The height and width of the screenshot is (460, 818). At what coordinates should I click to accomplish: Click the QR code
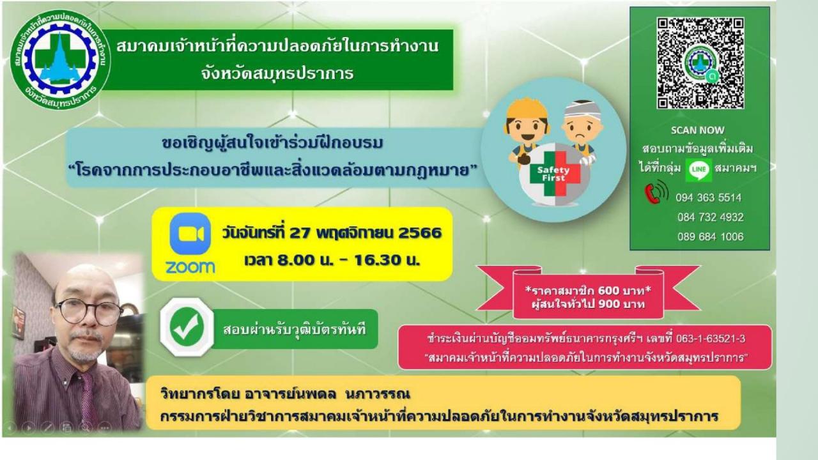[700, 63]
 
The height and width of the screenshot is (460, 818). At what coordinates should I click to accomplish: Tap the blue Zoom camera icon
[190, 234]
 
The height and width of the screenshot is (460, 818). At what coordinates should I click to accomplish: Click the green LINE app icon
[698, 169]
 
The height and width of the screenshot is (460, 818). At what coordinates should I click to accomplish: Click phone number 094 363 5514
[709, 198]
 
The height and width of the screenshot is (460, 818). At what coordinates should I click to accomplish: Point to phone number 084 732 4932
[710, 217]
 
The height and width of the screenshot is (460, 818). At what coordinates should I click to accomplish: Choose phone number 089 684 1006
[710, 236]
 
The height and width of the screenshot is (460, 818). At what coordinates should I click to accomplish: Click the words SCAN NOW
[697, 130]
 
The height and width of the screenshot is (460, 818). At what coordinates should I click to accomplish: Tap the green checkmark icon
[187, 327]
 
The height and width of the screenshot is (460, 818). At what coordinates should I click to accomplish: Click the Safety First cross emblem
[555, 174]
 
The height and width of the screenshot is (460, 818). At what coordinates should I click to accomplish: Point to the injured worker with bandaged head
[582, 132]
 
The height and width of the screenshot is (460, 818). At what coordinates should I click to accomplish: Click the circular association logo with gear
[60, 59]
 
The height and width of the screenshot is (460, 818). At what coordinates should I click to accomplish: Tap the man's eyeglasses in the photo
[89, 312]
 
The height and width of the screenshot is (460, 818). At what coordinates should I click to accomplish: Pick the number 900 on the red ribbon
[609, 303]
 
